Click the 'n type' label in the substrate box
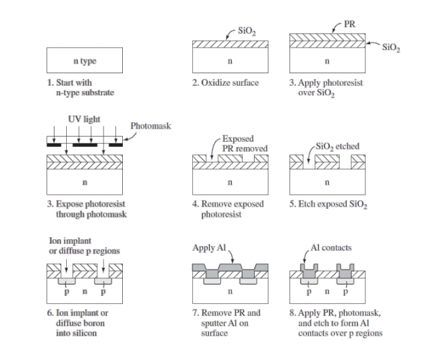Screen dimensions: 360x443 [84, 61]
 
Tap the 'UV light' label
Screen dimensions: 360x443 [84, 119]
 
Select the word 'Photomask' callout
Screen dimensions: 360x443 [151, 126]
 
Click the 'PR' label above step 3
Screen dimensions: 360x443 [349, 24]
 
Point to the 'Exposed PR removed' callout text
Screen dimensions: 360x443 [244, 143]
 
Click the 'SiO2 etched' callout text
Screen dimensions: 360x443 [337, 146]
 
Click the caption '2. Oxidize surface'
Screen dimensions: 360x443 [225, 83]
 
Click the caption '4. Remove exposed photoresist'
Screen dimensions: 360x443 [229, 209]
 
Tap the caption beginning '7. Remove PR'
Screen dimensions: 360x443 [226, 323]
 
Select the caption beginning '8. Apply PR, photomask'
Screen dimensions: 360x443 [335, 323]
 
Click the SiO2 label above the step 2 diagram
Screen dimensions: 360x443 [246, 30]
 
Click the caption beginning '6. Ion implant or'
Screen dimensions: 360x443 [78, 323]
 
